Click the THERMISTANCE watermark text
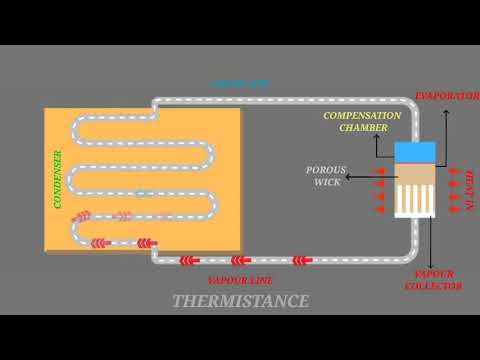click(240, 301)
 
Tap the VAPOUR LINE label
click(240, 280)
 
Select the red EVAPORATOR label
click(445, 97)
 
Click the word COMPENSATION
click(361, 116)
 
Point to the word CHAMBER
click(362, 128)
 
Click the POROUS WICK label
click(325, 176)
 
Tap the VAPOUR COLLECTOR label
click(436, 279)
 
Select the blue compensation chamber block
click(414, 153)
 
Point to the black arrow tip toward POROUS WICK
click(391, 187)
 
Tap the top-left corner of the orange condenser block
click(45, 109)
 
